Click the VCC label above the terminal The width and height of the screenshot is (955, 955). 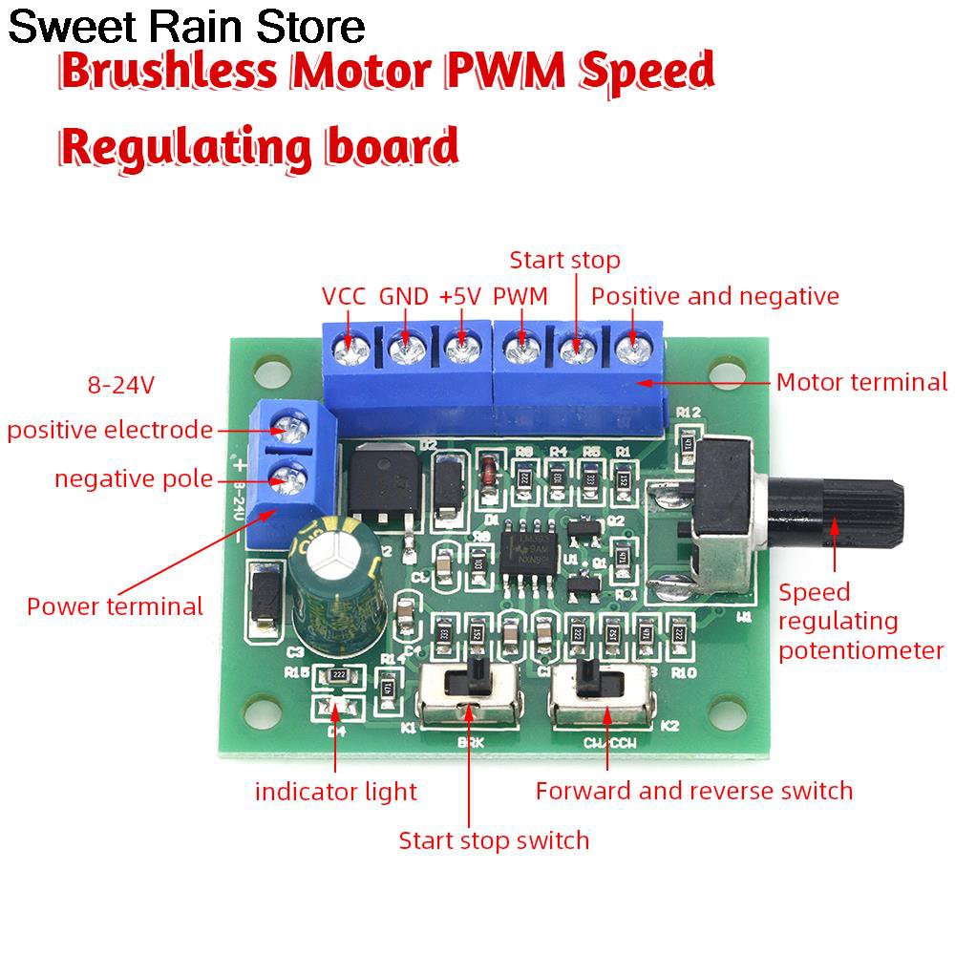344,296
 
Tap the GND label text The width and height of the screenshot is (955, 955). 404,296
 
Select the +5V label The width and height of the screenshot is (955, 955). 460,296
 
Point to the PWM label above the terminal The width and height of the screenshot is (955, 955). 520,296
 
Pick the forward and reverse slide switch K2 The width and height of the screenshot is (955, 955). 600,691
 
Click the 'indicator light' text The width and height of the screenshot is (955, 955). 336,792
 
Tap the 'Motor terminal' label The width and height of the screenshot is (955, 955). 861,383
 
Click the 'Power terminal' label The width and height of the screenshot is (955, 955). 115,606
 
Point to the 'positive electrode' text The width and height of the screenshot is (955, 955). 110,431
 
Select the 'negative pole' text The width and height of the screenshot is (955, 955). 134,478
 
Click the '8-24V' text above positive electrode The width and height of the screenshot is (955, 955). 121,386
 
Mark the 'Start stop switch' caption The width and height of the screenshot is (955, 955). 494,840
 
